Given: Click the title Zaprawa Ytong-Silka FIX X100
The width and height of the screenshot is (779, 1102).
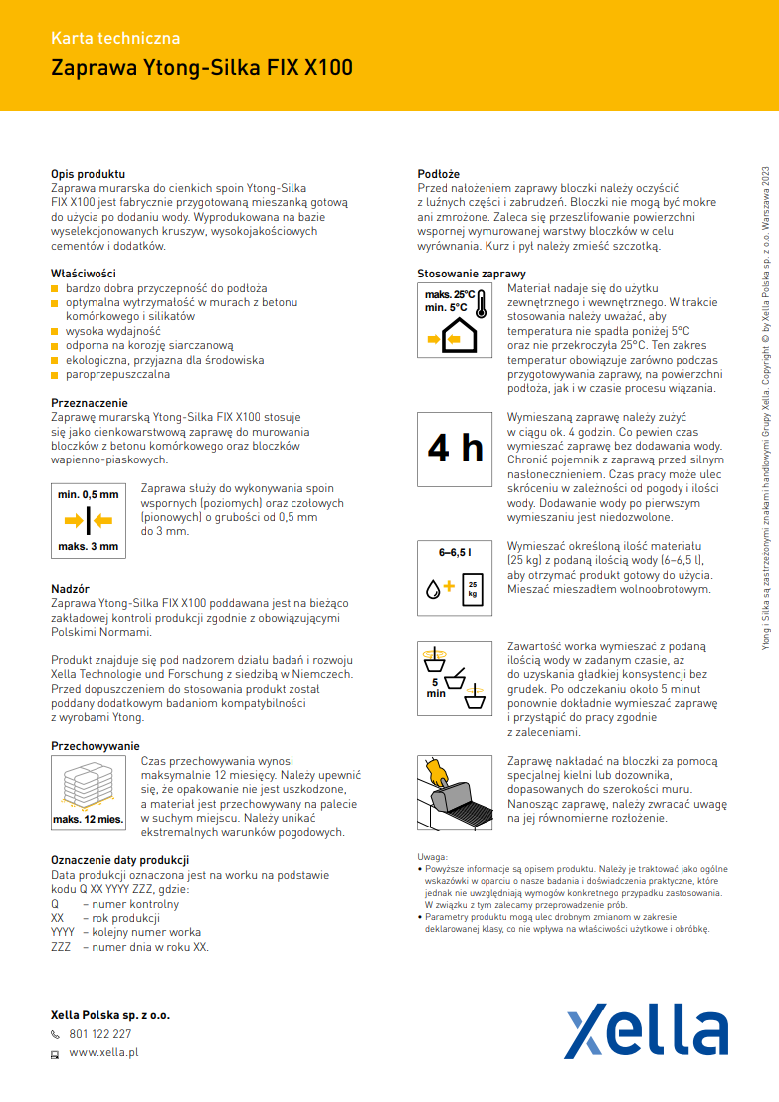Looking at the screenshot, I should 201,69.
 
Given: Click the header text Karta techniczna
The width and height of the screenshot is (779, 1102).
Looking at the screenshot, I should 115,39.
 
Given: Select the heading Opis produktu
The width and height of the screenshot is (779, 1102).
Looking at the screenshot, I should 88,174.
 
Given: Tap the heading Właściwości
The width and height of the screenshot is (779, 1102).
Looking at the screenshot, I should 84,273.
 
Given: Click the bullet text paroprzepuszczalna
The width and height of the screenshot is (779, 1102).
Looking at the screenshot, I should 117,375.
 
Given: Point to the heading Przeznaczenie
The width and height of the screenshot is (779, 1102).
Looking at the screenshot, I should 90,403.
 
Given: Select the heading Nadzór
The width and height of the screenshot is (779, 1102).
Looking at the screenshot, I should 70,589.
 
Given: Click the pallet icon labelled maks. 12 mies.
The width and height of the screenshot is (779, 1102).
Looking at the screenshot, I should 88,791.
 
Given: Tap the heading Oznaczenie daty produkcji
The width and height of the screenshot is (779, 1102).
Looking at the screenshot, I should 119,859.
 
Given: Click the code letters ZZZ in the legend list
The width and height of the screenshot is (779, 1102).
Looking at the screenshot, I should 61,947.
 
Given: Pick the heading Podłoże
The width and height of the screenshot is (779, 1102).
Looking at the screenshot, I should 438,174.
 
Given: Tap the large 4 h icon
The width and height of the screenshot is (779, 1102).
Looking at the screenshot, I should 455,449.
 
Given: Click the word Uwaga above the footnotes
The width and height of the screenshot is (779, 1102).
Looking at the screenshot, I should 432,855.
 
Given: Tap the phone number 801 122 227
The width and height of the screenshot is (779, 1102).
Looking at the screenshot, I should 99,1033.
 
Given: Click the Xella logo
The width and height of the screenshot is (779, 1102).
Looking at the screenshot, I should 646,1031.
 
